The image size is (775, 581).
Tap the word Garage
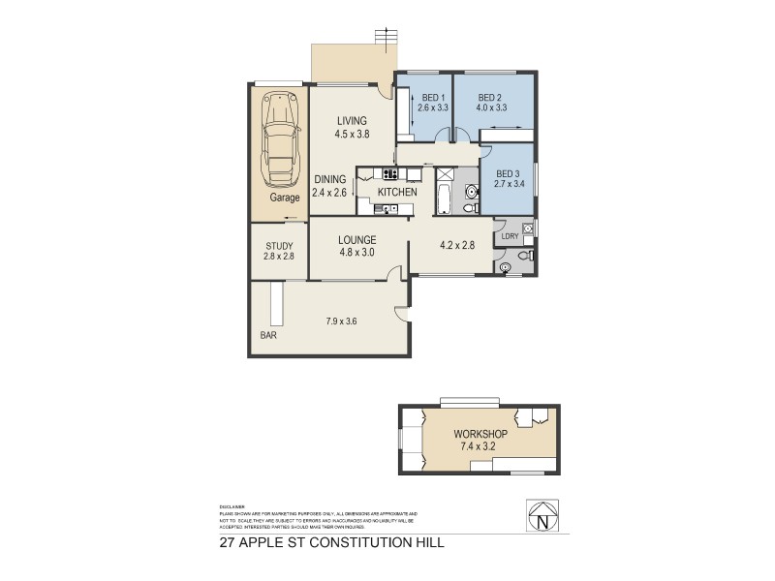[x=285, y=197]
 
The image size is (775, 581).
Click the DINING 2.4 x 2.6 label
[x=330, y=186]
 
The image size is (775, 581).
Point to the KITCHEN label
[x=397, y=193]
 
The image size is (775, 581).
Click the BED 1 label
[x=433, y=98]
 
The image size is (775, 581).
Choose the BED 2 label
[x=491, y=98]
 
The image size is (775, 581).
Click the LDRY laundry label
[x=511, y=235]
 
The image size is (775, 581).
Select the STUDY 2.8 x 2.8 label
[x=278, y=251]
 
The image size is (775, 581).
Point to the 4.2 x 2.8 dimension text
[x=456, y=245]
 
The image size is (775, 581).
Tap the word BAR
[x=266, y=337]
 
